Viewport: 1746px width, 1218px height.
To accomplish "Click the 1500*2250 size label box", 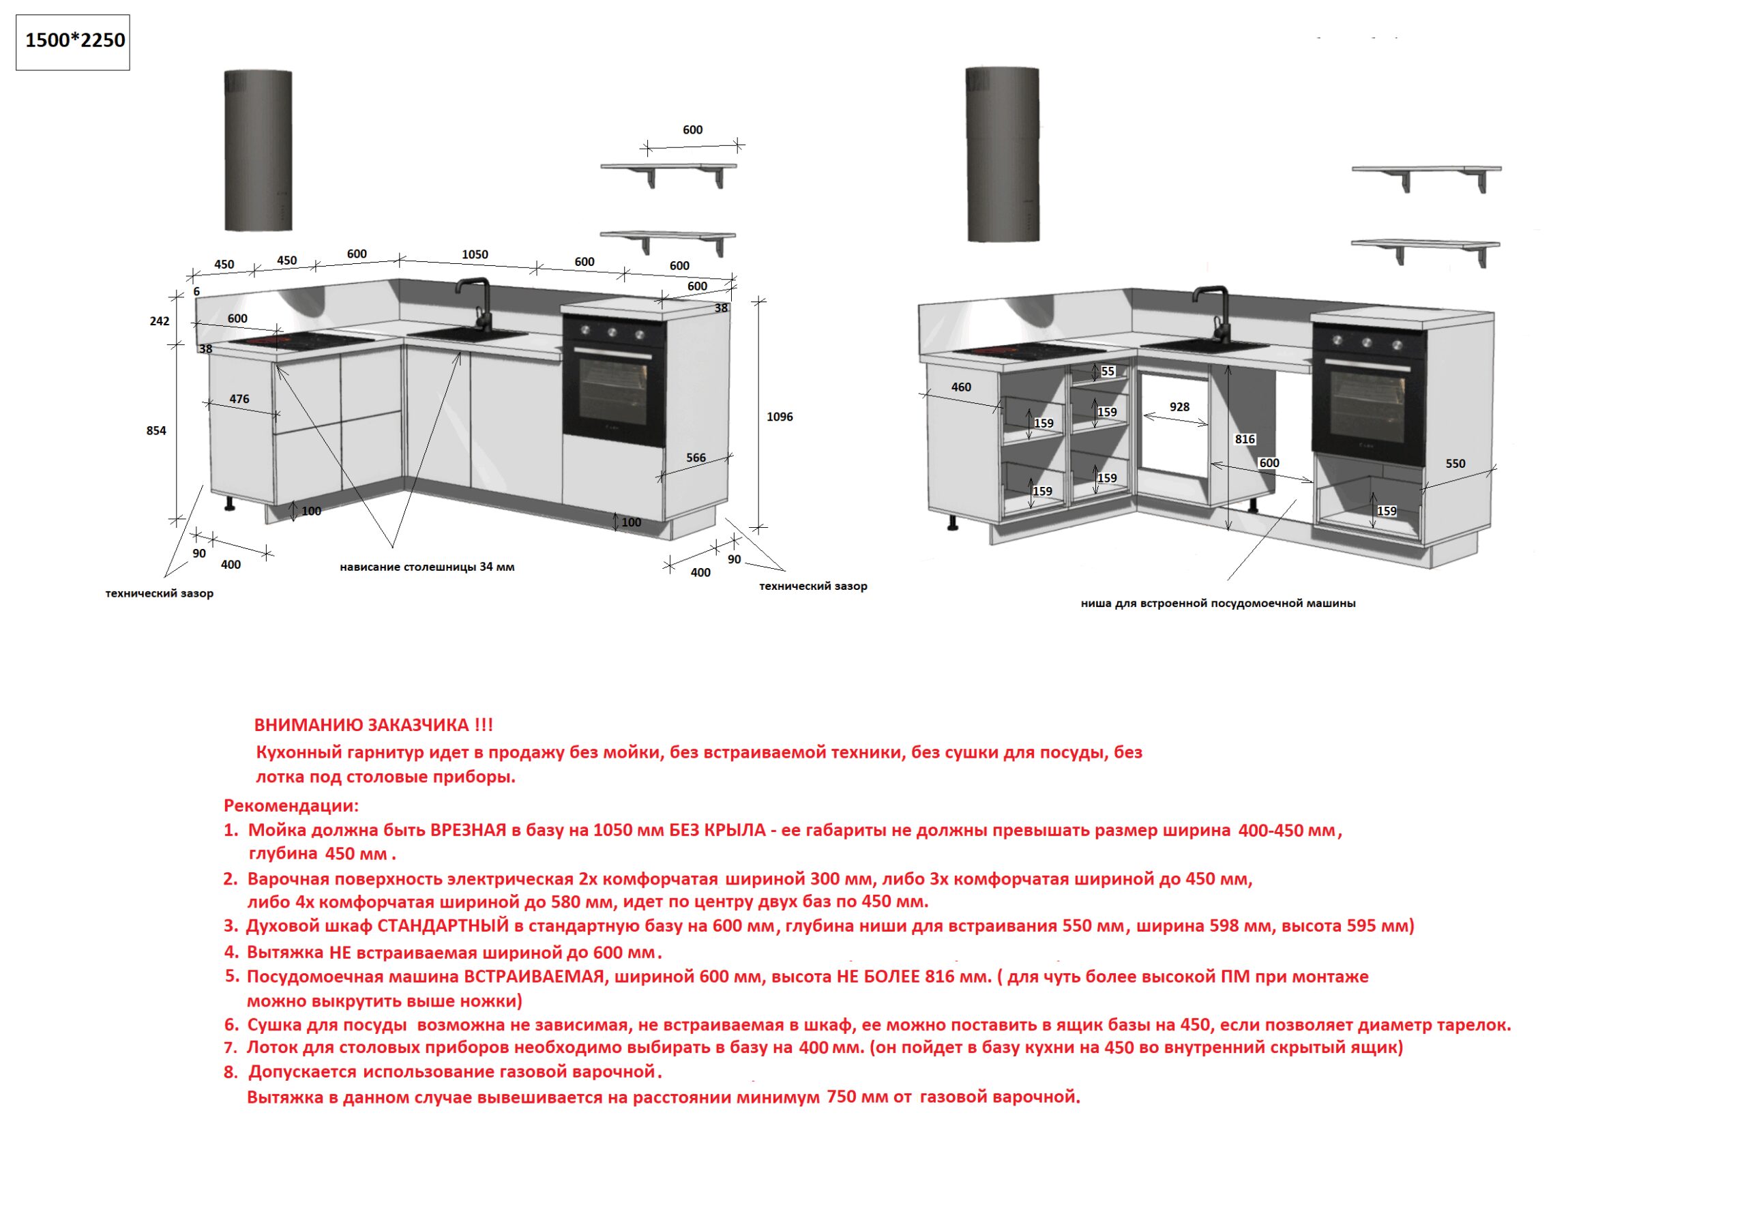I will (73, 41).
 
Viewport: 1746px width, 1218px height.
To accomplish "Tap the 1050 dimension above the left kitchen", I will (475, 254).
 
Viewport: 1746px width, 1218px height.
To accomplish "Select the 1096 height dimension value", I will (780, 417).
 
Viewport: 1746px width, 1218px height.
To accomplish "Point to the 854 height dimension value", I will (156, 431).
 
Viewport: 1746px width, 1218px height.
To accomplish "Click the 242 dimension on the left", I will (160, 321).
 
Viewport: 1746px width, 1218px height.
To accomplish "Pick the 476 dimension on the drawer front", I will (239, 398).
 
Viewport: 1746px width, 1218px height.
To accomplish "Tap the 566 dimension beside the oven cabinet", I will (696, 458).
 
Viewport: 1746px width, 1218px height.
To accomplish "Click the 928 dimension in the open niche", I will (1179, 406).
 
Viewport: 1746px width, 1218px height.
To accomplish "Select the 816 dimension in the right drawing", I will (1245, 439).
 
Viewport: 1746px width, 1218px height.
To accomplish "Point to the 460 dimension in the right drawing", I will (961, 387).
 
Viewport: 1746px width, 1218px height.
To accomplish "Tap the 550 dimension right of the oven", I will (1455, 463).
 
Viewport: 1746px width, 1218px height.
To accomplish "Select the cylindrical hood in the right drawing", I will (1003, 154).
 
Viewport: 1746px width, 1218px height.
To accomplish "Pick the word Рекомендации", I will (291, 805).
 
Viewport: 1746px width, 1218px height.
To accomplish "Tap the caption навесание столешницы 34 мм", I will (427, 567).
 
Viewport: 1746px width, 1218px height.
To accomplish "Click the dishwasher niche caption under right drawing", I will (1217, 604).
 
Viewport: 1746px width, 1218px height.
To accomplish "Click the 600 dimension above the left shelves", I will (692, 130).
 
